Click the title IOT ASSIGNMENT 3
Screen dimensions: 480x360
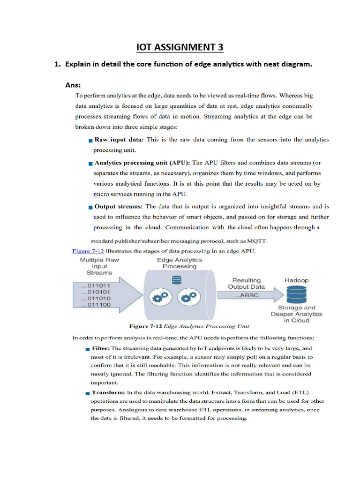[180, 47]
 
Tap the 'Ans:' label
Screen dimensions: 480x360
[73, 85]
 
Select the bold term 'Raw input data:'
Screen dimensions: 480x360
[120, 140]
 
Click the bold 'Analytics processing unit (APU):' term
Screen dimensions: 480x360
[142, 163]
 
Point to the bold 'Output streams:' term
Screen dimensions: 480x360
[119, 206]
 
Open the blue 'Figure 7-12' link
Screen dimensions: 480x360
[88, 251]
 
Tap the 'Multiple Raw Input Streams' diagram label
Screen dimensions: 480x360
[99, 266]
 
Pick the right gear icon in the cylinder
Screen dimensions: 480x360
[188, 296]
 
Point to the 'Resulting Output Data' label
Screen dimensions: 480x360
[246, 283]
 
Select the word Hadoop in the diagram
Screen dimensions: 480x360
[296, 280]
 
